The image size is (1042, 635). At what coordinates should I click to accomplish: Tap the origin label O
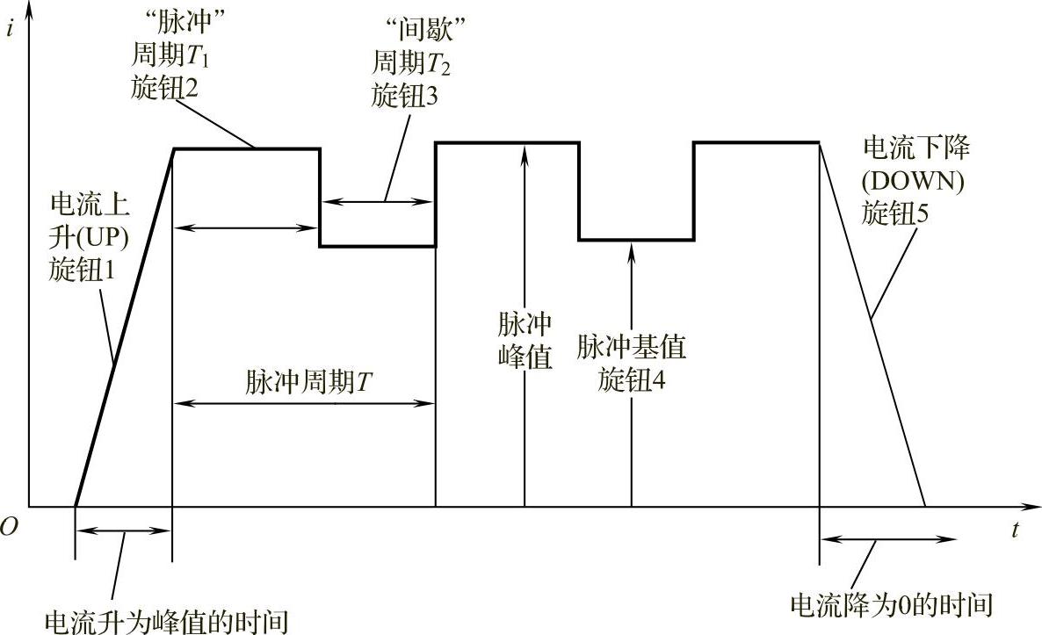(x=10, y=527)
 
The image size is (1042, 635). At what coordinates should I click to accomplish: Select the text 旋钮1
(x=82, y=271)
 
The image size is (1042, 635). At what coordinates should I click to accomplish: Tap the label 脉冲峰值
(x=525, y=342)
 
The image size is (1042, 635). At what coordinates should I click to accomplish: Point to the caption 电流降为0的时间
(x=891, y=605)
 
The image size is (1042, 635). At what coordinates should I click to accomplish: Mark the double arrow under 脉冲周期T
(x=305, y=404)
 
